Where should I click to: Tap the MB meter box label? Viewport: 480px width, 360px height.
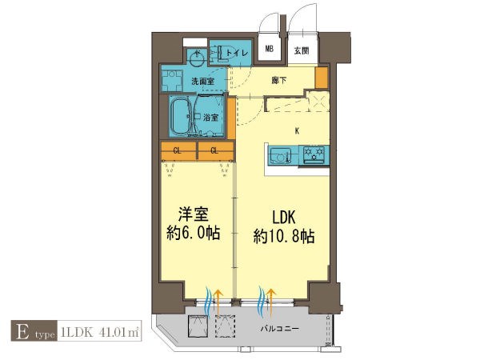click(x=270, y=50)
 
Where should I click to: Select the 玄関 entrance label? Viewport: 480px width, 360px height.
click(x=301, y=51)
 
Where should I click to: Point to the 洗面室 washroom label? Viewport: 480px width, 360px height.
click(x=203, y=81)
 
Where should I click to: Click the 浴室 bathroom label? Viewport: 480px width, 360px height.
click(x=212, y=117)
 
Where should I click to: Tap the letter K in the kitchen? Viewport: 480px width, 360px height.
click(x=298, y=131)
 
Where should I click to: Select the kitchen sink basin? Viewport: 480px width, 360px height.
click(x=278, y=154)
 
